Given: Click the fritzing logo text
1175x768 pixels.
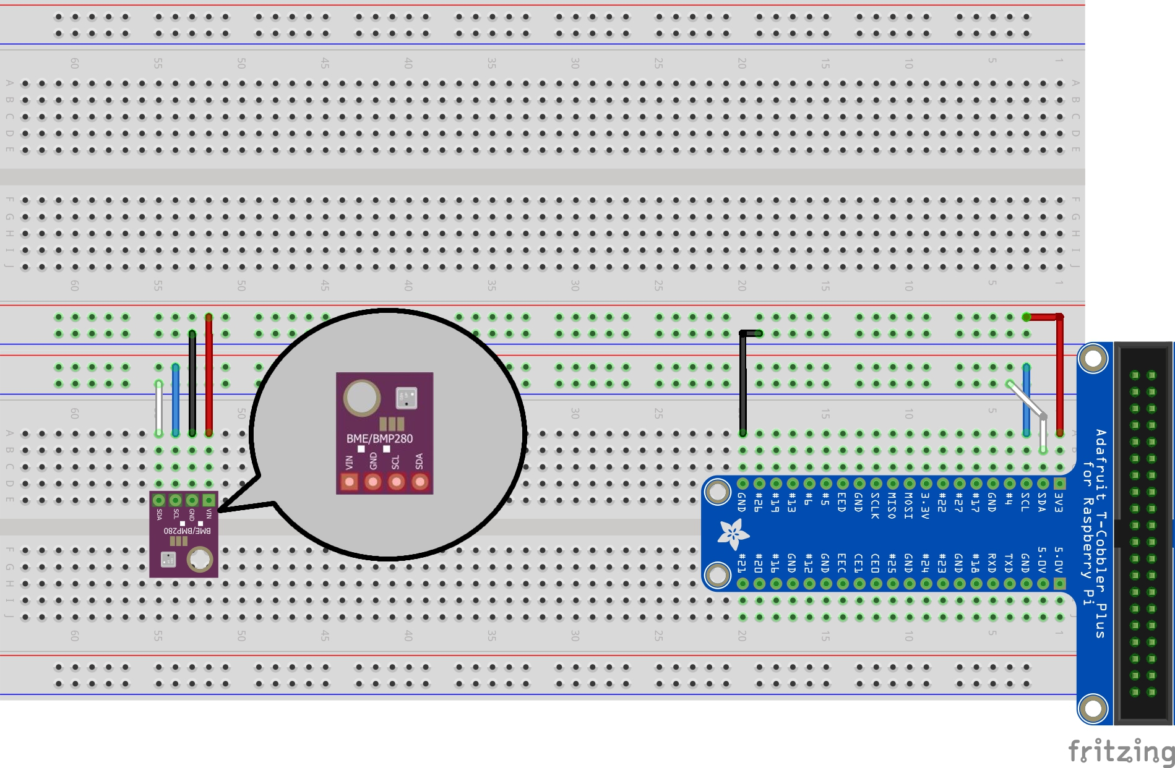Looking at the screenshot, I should (1121, 751).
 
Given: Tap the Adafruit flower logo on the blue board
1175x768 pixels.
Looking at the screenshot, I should (733, 534).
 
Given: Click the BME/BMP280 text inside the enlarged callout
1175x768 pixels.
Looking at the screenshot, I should (379, 438).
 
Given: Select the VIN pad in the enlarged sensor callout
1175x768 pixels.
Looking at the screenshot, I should (350, 482).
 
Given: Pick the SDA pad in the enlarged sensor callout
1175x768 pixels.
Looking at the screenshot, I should (420, 482).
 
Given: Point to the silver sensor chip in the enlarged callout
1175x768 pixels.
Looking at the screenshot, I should (406, 398).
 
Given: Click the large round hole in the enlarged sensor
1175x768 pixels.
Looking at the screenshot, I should (361, 398).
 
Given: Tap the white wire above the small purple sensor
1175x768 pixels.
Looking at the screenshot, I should (159, 408).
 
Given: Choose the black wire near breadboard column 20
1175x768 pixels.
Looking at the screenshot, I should (742, 383).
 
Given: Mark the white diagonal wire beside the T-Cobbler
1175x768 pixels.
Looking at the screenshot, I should (1026, 401).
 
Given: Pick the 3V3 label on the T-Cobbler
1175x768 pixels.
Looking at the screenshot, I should (1059, 503).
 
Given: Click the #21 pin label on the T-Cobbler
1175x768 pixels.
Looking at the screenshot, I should (742, 563).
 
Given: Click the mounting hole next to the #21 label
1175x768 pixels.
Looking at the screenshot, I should (718, 575).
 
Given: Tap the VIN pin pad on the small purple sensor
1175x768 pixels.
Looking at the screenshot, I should (209, 500).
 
